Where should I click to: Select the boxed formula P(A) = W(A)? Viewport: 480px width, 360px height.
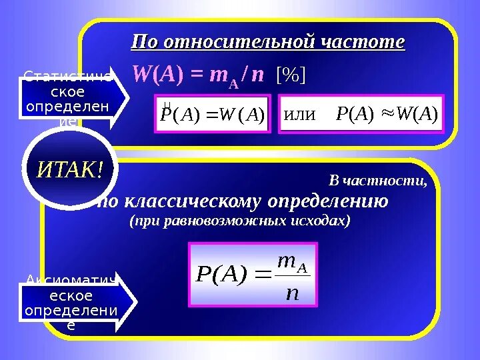point(213,115)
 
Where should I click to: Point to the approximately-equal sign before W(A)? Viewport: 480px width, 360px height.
point(387,115)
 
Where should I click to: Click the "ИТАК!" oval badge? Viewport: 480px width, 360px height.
point(70,171)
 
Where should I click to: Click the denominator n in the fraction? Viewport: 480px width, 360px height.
point(291,292)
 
